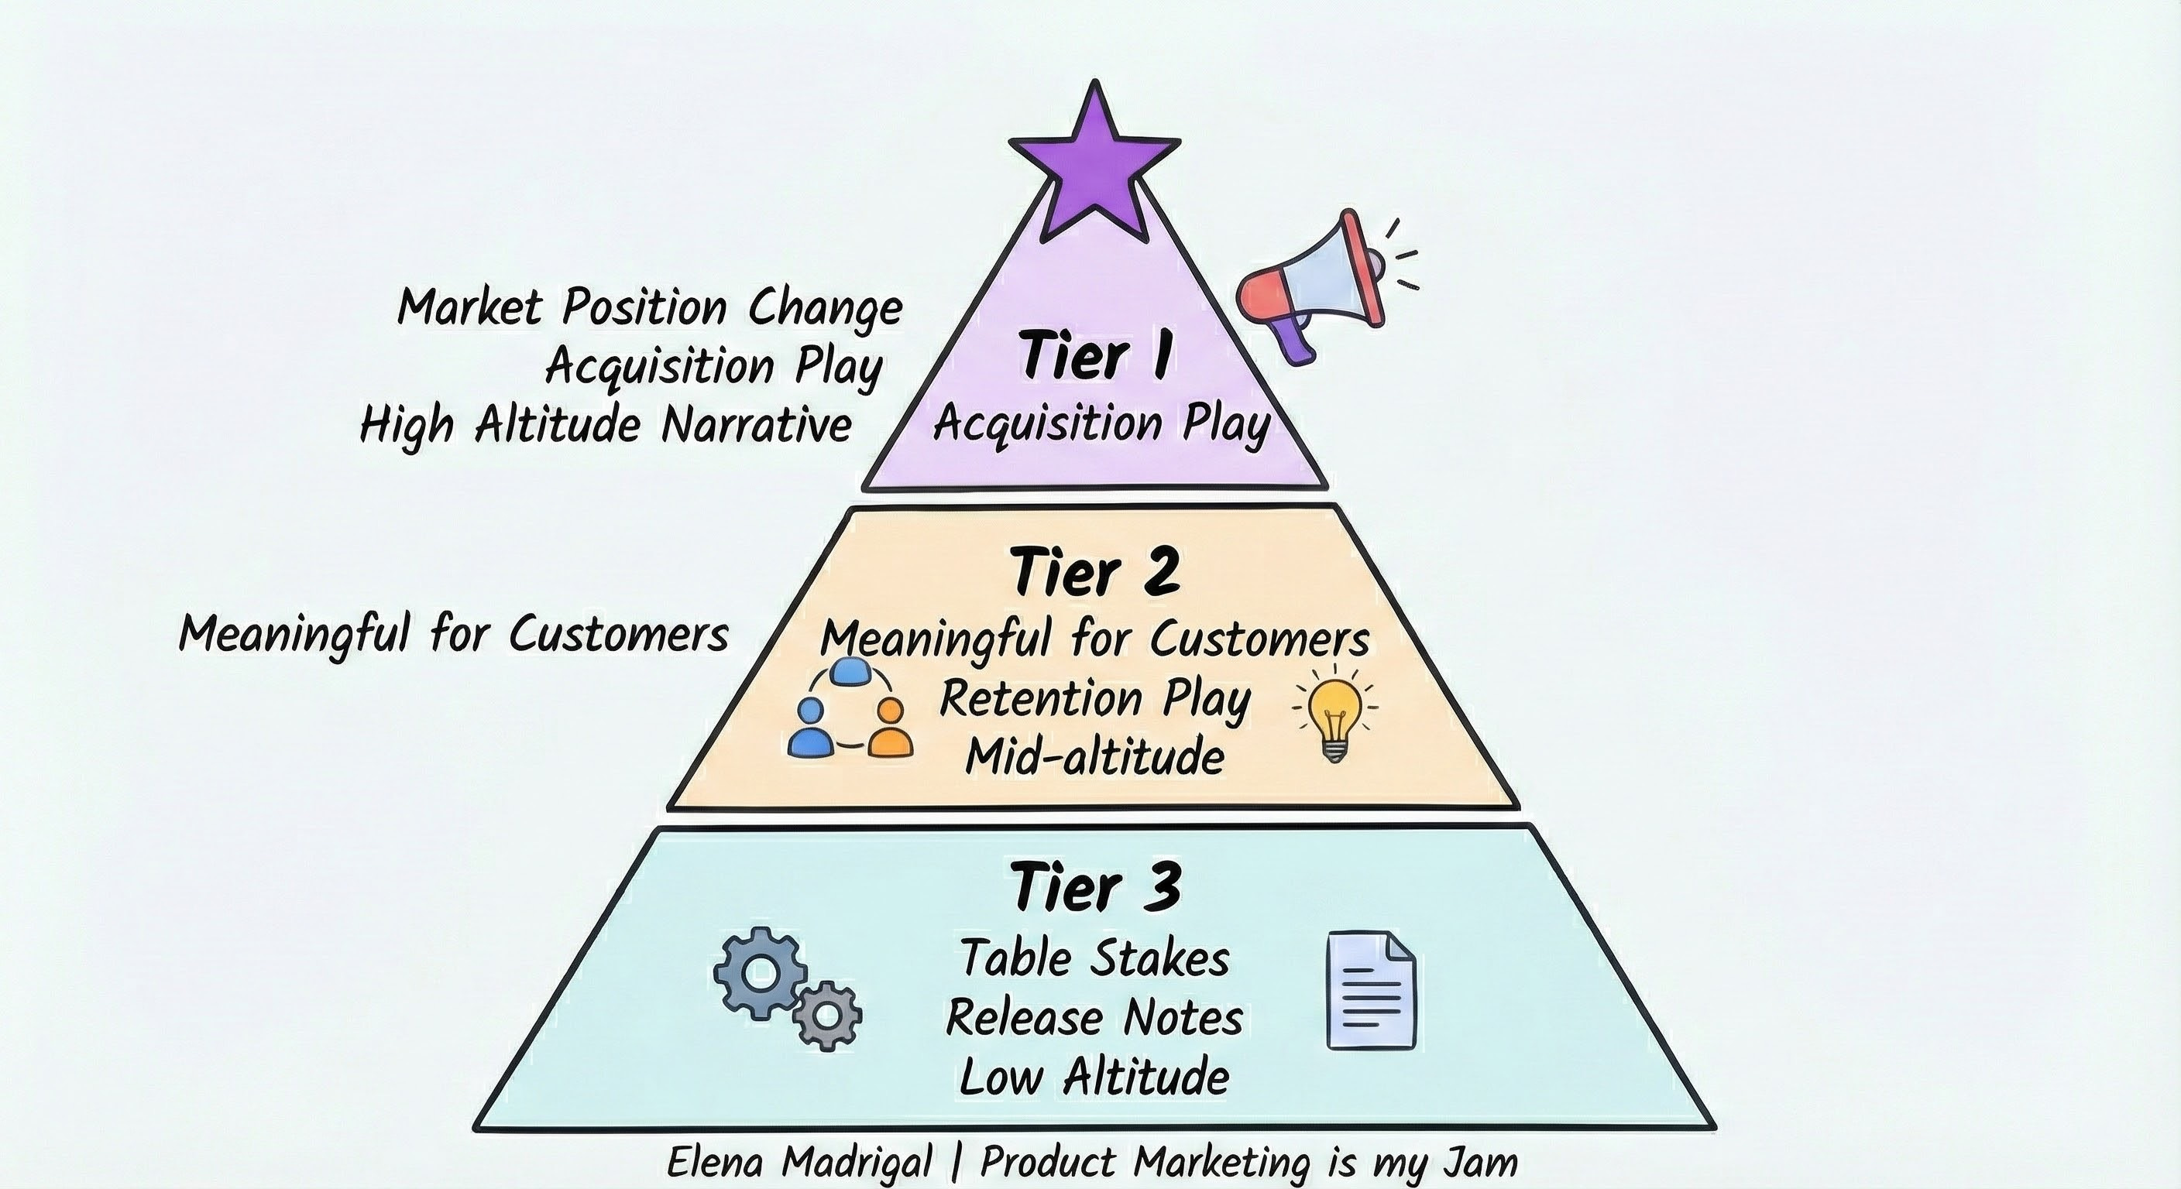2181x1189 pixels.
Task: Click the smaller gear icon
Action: pyautogui.click(x=827, y=1015)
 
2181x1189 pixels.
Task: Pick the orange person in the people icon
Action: pyautogui.click(x=889, y=730)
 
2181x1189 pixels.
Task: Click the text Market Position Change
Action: pyautogui.click(x=649, y=307)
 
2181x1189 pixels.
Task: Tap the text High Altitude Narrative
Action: pyautogui.click(x=606, y=424)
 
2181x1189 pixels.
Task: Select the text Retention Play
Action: pyautogui.click(x=1094, y=699)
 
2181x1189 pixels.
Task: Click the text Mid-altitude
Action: pyautogui.click(x=1094, y=756)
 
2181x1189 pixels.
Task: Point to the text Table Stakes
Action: pyautogui.click(x=1094, y=959)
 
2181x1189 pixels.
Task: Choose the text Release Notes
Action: pyautogui.click(x=1094, y=1017)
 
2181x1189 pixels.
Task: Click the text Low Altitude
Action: pyautogui.click(x=1094, y=1077)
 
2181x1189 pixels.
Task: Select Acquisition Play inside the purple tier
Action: pyautogui.click(x=1101, y=423)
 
